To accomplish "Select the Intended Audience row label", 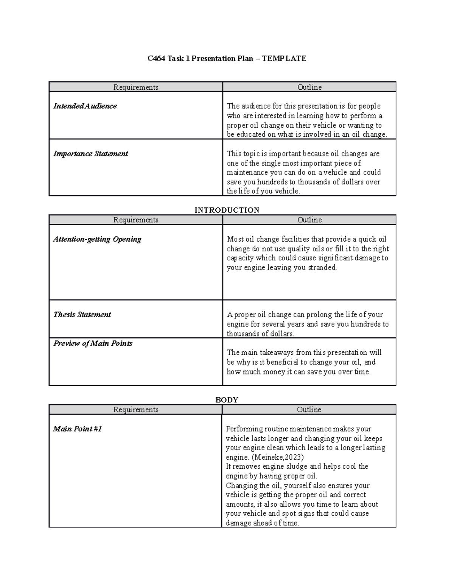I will point(85,106).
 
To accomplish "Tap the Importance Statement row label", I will point(91,154).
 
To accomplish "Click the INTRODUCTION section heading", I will point(227,210).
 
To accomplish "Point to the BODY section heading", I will point(227,400).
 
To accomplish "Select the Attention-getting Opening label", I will point(97,239).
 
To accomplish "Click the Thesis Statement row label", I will point(82,315).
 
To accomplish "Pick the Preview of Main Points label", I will point(93,343).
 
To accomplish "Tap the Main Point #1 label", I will point(78,429).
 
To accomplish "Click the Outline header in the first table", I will point(309,87).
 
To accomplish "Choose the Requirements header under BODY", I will point(135,410).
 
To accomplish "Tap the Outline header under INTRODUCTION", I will point(309,220).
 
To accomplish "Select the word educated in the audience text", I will point(251,134).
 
